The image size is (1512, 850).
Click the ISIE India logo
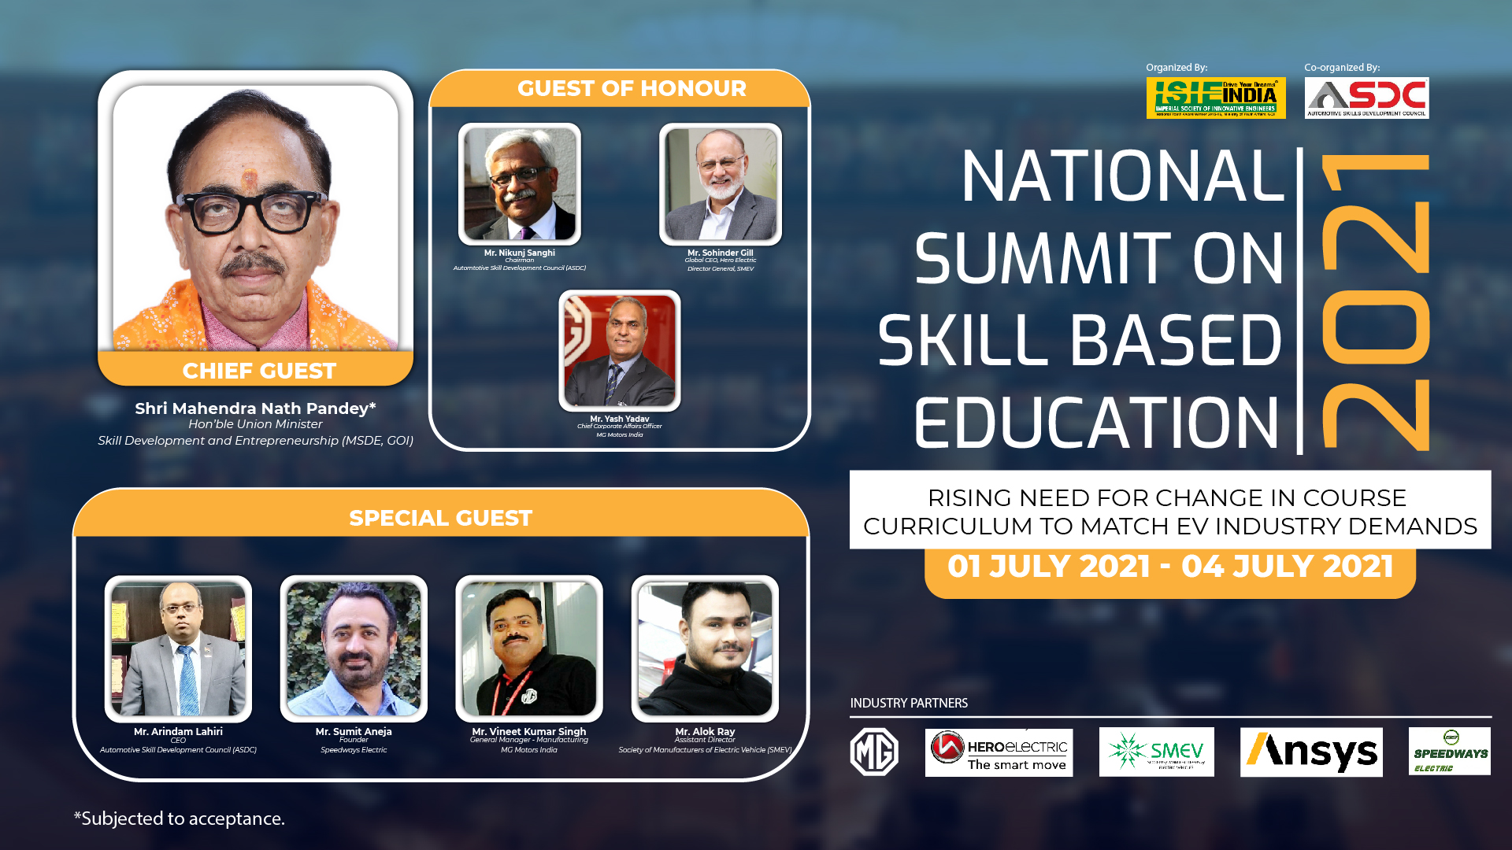(1215, 98)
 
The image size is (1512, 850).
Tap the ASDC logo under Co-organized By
(1366, 98)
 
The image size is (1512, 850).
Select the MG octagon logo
(874, 752)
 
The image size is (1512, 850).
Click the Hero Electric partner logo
(999, 752)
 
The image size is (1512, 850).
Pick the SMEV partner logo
(1156, 752)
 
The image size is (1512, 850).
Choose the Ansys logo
(1311, 752)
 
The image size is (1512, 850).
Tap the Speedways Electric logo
(1449, 752)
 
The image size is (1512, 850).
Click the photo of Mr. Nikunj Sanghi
(520, 184)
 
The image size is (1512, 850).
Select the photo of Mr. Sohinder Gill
(721, 184)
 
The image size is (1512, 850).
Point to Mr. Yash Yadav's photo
(620, 350)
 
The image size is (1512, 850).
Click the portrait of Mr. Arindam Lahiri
(179, 649)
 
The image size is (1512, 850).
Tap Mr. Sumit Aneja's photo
(354, 649)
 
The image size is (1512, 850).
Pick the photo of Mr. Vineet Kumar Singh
(529, 649)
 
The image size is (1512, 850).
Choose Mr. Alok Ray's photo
(705, 649)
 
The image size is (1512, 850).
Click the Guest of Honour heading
(632, 88)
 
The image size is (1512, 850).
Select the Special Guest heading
(441, 518)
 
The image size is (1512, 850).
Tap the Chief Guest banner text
(259, 371)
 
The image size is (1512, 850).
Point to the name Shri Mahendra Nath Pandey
(255, 408)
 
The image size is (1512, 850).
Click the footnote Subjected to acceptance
(180, 819)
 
